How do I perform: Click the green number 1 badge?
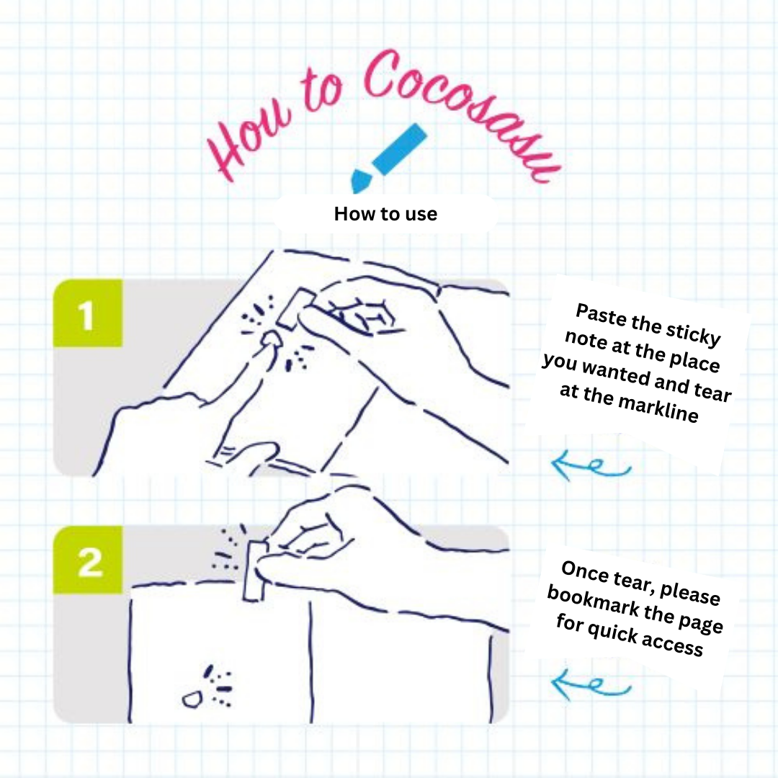(x=88, y=313)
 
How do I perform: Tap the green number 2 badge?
(x=88, y=560)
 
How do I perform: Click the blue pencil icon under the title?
(x=388, y=158)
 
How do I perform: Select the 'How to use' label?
(x=385, y=214)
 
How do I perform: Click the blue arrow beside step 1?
(x=591, y=465)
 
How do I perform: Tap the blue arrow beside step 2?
(x=591, y=684)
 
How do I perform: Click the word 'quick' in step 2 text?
(x=612, y=632)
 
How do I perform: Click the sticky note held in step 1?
(x=296, y=308)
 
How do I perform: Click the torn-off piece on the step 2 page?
(x=192, y=699)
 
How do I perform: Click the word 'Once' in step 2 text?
(x=585, y=571)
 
